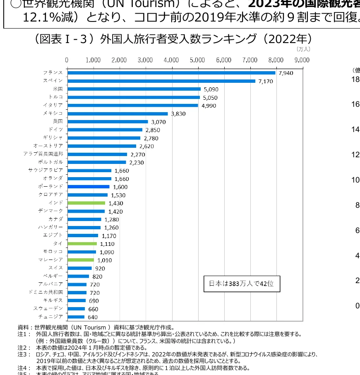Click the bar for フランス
[x=171, y=73]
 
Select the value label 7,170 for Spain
[x=266, y=81]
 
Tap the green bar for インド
[x=86, y=203]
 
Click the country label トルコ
[x=56, y=97]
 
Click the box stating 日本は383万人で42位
[x=242, y=284]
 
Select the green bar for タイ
[x=82, y=243]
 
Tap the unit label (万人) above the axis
[x=303, y=49]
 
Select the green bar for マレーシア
[x=81, y=260]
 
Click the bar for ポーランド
[x=89, y=187]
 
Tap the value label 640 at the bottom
[x=93, y=317]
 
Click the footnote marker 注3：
[x=24, y=354]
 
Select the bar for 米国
[x=134, y=89]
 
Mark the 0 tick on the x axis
[x=67, y=60]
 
